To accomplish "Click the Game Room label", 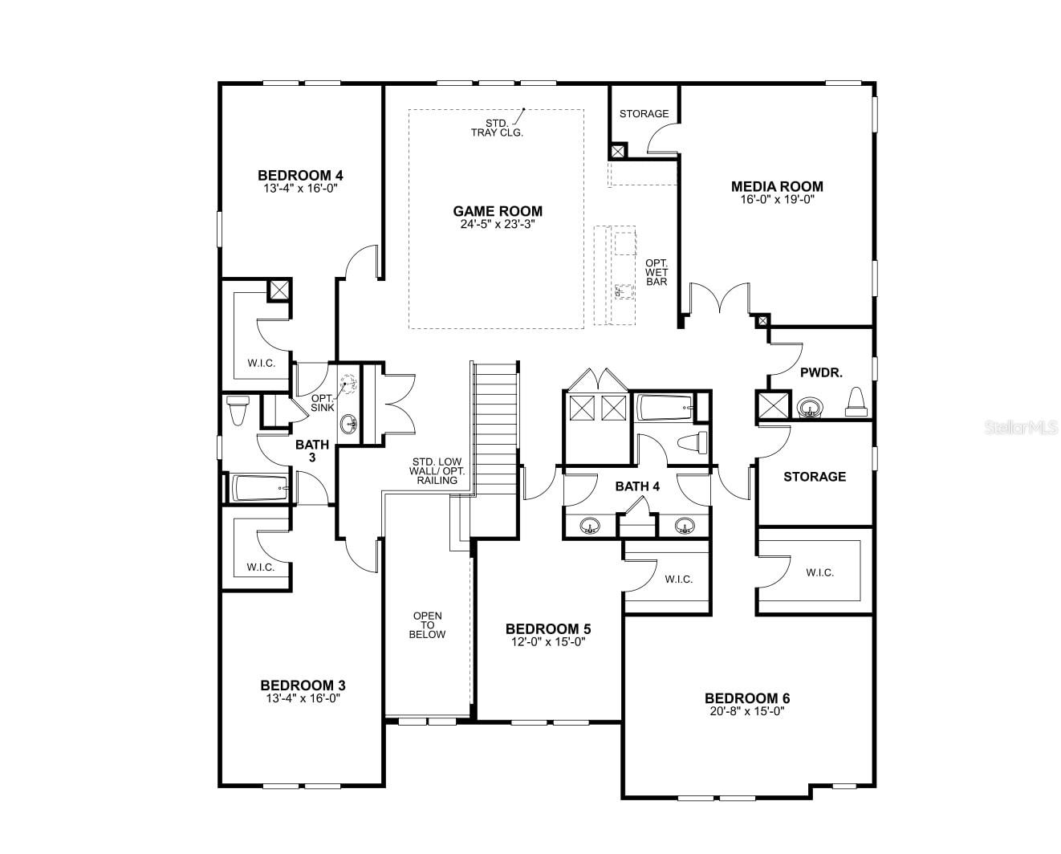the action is coord(498,211).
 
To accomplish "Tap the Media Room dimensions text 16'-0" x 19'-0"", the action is coord(777,199).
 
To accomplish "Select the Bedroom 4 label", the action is coord(300,175).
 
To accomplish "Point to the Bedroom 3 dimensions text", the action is coord(303,698).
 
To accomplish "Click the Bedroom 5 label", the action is coord(548,628).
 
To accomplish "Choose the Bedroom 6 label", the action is coord(747,698).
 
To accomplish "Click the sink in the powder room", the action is coord(810,409).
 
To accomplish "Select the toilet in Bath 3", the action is coord(237,409).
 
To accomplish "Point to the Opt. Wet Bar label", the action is coord(657,272).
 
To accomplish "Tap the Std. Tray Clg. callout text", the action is coord(497,128).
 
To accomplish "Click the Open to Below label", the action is coord(428,625).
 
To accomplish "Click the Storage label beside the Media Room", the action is coord(644,114).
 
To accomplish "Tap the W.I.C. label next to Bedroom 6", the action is coord(820,572).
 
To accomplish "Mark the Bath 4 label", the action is coord(637,486).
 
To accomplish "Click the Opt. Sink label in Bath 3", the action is coord(323,403).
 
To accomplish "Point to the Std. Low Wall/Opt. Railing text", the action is coord(437,471).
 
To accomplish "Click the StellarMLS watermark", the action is coord(1021,427).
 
